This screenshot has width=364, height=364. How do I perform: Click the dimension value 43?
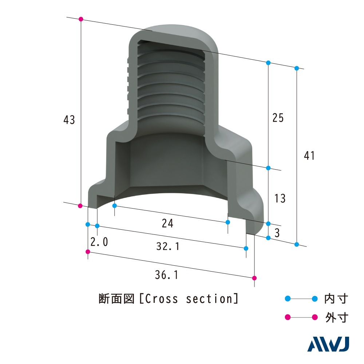(69, 120)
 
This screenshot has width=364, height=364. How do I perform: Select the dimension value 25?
(278, 118)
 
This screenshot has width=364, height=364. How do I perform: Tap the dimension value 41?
(309, 155)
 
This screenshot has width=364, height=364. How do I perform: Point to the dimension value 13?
(280, 198)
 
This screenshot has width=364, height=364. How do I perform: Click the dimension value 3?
(277, 233)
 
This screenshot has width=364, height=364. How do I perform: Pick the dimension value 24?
(168, 224)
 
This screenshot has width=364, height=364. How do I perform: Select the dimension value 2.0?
(99, 242)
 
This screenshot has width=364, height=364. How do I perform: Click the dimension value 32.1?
(168, 246)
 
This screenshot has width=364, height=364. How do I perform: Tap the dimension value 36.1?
(166, 276)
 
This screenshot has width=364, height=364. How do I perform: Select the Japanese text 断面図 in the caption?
(117, 299)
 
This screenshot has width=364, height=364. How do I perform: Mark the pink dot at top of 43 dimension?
(81, 19)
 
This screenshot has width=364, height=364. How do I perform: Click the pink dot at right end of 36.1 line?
(254, 278)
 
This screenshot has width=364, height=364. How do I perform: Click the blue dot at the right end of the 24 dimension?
(228, 222)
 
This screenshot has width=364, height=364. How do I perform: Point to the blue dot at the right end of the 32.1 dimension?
(246, 248)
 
